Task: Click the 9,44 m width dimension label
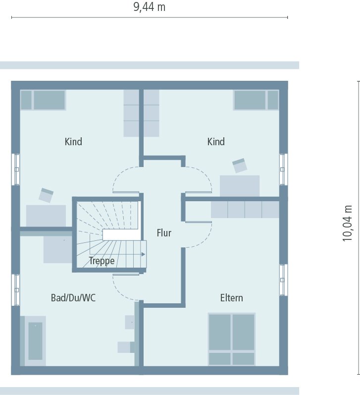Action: [x=150, y=7]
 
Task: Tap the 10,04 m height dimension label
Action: [x=348, y=223]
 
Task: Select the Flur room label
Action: [x=164, y=232]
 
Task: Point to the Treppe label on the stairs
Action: [x=102, y=261]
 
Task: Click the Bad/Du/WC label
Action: [x=73, y=298]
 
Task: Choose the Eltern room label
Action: [x=231, y=298]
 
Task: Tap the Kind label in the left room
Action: [x=73, y=142]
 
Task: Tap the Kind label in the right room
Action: [x=216, y=142]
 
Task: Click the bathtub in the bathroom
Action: [x=35, y=341]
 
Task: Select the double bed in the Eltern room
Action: [x=231, y=339]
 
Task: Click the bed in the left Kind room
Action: [x=43, y=100]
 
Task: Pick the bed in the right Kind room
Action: [x=256, y=100]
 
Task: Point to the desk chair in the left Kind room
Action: [x=46, y=195]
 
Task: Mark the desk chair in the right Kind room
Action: [x=240, y=165]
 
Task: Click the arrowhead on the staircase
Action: [x=143, y=254]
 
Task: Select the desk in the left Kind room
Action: [x=46, y=216]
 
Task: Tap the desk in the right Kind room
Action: [x=240, y=186]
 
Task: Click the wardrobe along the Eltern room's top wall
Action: [x=245, y=210]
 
